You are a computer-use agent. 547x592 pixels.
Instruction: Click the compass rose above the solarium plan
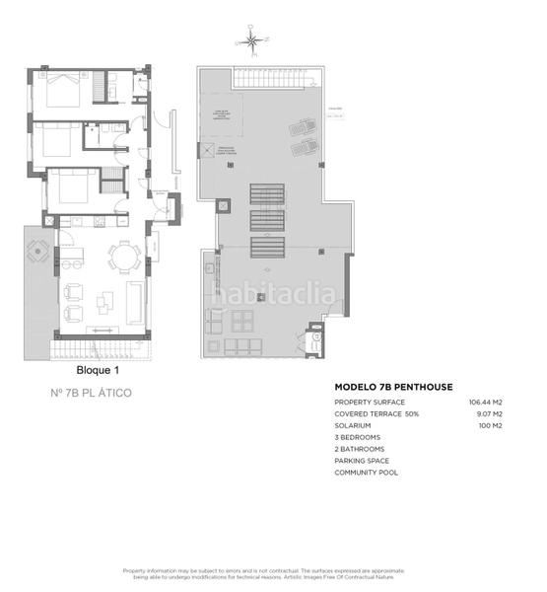pos(252,40)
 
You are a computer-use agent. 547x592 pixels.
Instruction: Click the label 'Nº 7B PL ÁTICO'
pos(91,393)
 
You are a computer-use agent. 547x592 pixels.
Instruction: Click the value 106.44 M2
pos(485,403)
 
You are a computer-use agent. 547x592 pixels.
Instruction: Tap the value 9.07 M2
pos(488,414)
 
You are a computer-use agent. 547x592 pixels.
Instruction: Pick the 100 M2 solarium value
pos(490,425)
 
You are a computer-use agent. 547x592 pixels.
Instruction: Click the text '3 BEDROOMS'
pos(358,437)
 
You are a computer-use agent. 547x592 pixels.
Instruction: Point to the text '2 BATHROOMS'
pos(360,449)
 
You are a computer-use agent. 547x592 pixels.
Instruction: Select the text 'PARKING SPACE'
pos(362,461)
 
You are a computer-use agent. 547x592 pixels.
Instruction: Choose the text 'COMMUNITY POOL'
pos(365,473)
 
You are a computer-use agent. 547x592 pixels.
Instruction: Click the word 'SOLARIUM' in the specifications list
pos(353,425)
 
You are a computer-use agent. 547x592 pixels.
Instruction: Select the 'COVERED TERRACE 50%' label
pos(376,414)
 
